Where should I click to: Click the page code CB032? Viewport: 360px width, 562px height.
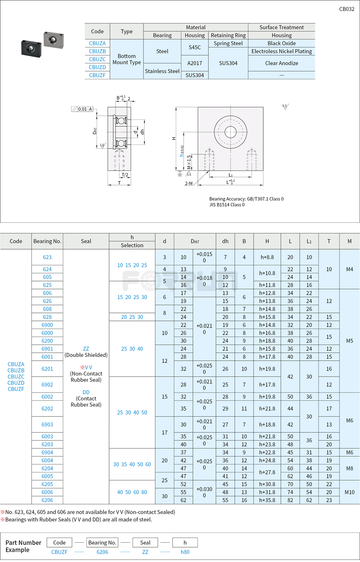[x=346, y=9]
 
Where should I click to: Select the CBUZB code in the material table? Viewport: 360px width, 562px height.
[x=97, y=51]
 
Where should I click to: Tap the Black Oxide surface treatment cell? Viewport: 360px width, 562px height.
[x=282, y=43]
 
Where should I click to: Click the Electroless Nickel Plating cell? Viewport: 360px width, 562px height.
[x=282, y=51]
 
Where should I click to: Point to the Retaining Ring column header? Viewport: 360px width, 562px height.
[x=228, y=35]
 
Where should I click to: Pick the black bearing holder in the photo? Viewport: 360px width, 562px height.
[x=31, y=47]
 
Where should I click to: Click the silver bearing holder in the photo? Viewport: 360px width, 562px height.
[x=53, y=39]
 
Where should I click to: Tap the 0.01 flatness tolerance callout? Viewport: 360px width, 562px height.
[x=82, y=109]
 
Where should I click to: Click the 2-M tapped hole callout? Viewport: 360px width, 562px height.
[x=189, y=184]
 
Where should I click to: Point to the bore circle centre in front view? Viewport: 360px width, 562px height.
[x=230, y=132]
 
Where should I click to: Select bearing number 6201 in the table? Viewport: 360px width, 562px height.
[x=47, y=369]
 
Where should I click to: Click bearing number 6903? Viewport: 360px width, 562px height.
[x=47, y=425]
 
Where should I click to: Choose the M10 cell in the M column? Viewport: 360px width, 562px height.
[x=349, y=492]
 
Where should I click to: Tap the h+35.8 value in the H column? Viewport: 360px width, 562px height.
[x=267, y=500]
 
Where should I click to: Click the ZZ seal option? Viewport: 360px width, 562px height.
[x=86, y=349]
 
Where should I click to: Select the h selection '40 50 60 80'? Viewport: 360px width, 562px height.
[x=132, y=492]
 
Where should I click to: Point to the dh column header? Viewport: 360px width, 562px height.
[x=225, y=241]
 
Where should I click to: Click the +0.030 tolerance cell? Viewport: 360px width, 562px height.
[x=204, y=492]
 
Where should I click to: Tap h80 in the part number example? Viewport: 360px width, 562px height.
[x=185, y=552]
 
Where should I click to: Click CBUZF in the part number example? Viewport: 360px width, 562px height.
[x=59, y=552]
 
